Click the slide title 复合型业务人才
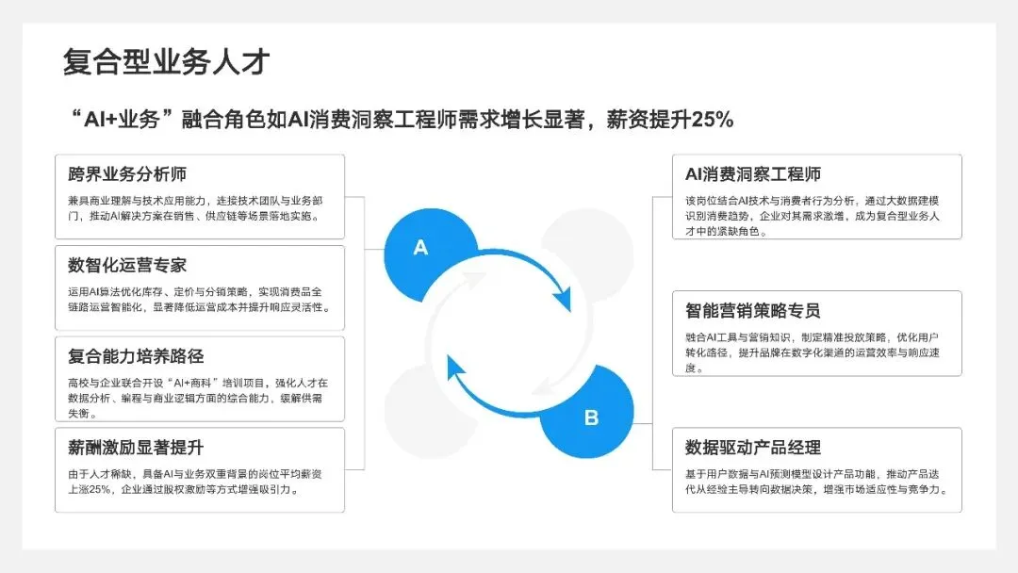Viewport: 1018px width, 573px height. point(166,62)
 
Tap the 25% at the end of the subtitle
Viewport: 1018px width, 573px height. point(712,120)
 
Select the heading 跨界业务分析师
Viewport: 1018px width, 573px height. point(127,174)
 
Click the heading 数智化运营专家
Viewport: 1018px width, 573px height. point(127,265)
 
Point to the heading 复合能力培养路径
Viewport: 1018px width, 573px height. point(136,356)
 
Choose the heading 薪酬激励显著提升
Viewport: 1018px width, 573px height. point(136,447)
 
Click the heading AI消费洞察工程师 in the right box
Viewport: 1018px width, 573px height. point(753,174)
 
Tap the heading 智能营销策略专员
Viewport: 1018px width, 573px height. point(753,311)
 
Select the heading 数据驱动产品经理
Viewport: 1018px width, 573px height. point(753,448)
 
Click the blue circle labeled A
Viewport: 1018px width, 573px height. point(421,249)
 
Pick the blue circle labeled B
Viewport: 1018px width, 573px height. point(591,417)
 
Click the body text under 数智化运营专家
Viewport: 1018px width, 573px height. point(199,299)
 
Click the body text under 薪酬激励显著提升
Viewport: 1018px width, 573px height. point(199,481)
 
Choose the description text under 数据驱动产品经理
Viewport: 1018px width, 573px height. point(817,481)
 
